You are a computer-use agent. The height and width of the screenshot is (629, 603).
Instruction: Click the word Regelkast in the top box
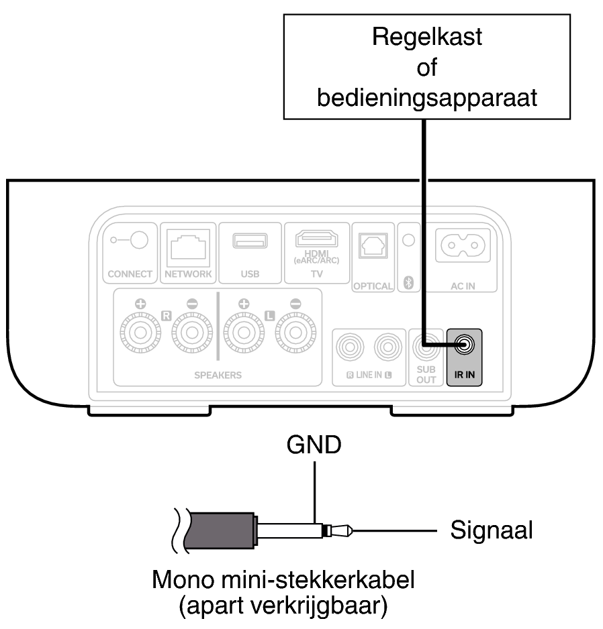427,38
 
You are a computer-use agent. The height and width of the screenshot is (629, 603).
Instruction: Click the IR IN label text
463,375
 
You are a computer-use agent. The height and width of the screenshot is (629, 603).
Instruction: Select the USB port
249,241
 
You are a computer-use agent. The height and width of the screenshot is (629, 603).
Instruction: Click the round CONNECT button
138,239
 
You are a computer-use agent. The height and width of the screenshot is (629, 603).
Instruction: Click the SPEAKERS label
218,376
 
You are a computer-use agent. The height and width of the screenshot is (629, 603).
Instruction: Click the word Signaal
493,530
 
